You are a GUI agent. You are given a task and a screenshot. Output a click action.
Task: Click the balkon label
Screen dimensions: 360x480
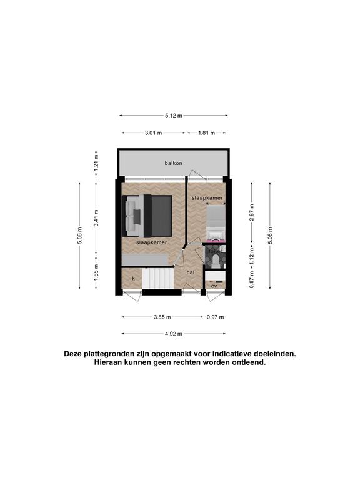[x=173, y=163]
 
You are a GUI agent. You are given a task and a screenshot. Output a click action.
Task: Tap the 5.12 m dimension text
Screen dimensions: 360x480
[x=174, y=116]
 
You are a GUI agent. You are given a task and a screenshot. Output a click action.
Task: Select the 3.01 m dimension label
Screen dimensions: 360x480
[x=153, y=133]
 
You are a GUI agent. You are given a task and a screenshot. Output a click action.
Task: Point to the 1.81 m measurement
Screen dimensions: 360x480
[x=207, y=133]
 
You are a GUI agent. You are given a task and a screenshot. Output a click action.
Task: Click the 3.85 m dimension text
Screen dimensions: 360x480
[x=162, y=317]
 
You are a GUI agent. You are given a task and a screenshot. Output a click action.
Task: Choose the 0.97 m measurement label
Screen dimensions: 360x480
[x=215, y=317]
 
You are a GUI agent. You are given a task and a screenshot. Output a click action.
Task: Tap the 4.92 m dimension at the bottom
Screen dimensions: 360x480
[x=174, y=334]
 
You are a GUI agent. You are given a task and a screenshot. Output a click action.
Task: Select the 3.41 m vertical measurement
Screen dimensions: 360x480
[x=96, y=218]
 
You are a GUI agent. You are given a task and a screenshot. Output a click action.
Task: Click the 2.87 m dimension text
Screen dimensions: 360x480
[x=252, y=212]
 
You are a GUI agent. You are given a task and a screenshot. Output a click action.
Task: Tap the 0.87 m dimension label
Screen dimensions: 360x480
[x=252, y=279]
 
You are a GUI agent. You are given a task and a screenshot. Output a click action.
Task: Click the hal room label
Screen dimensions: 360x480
[x=191, y=272]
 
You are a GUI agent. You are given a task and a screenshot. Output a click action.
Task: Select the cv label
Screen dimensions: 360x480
[x=214, y=286]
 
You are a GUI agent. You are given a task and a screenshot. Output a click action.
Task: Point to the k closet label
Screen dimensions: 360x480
[x=134, y=279]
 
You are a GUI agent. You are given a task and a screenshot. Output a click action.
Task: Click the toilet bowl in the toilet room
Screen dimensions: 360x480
[x=216, y=262]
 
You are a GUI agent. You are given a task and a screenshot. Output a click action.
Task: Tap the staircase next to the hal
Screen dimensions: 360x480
[x=158, y=278]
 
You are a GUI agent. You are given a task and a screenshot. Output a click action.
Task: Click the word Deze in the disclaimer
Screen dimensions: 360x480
[x=73, y=354]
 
